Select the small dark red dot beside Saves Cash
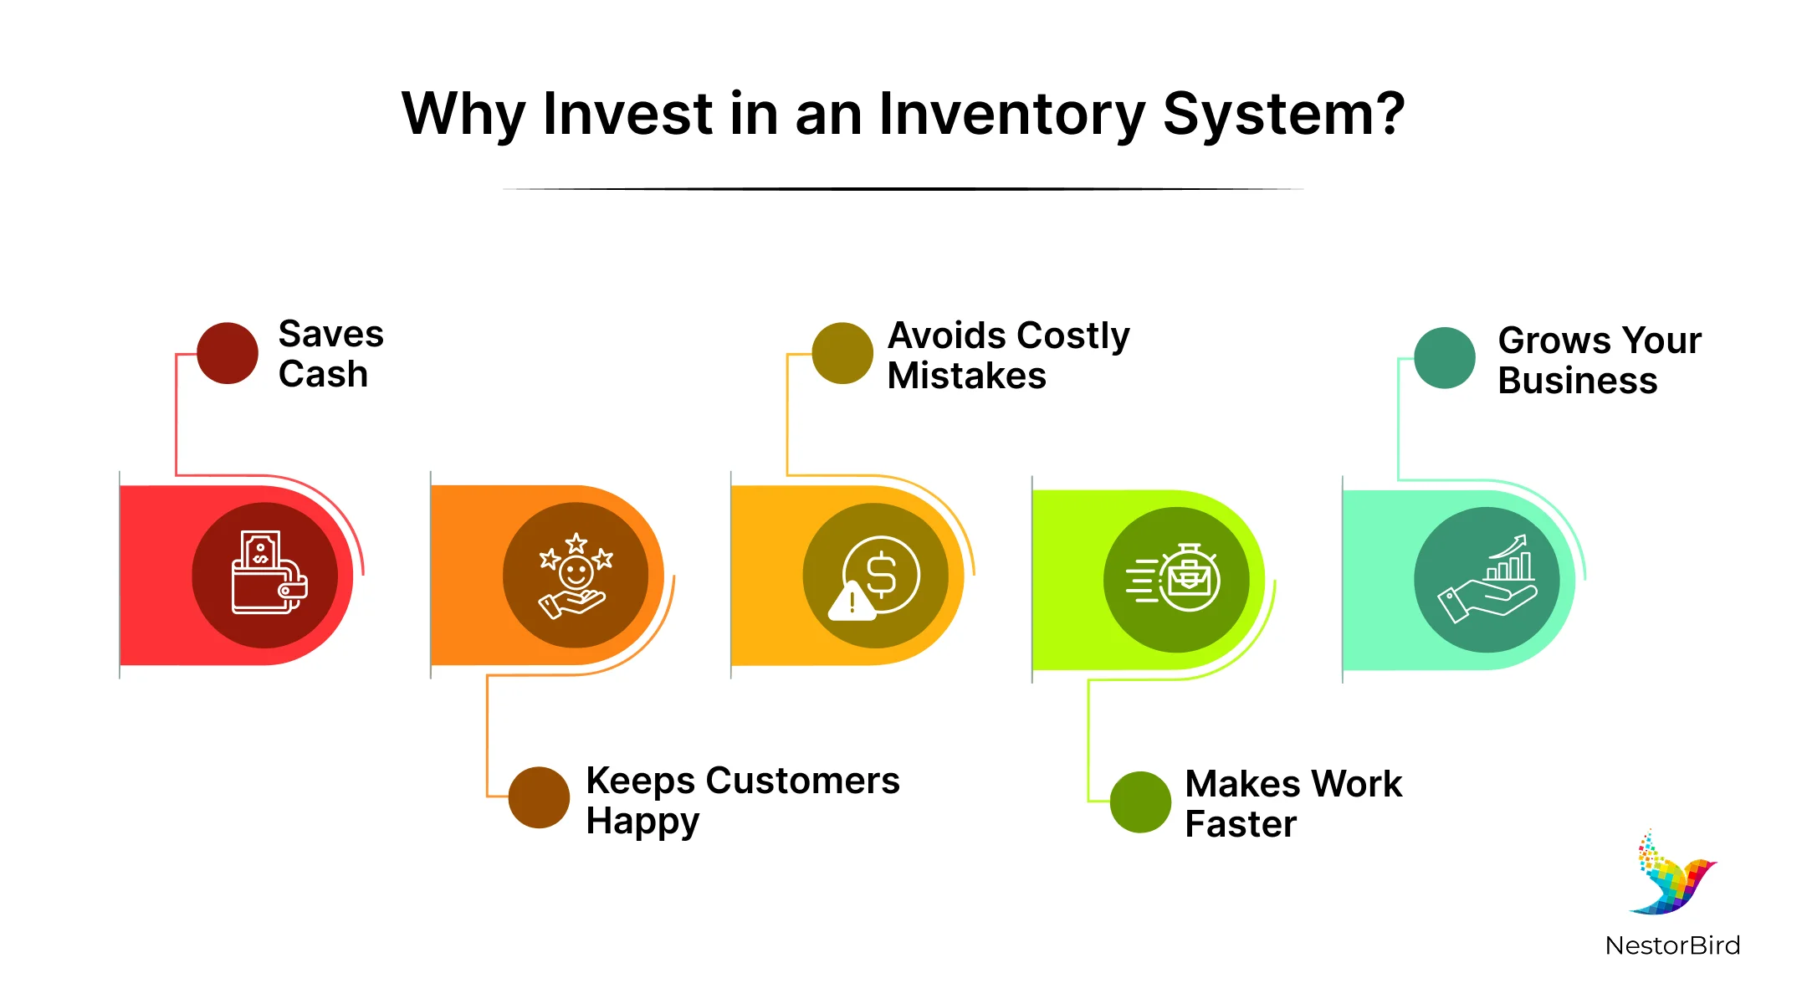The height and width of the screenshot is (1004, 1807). click(228, 353)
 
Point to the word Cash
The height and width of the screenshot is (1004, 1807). click(323, 374)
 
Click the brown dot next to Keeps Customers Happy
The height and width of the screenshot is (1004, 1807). click(539, 797)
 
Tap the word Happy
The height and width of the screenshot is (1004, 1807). click(642, 822)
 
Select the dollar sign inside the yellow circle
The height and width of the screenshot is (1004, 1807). click(882, 575)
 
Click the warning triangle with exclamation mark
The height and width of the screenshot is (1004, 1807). click(852, 602)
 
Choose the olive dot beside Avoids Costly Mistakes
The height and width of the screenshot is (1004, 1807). click(842, 353)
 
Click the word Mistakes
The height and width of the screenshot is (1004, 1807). click(966, 376)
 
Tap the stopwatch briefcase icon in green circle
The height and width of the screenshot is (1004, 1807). click(1175, 578)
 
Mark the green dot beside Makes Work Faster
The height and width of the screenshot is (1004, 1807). click(1140, 802)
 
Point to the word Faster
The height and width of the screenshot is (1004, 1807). click(1241, 824)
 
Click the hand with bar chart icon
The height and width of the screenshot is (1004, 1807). click(1487, 580)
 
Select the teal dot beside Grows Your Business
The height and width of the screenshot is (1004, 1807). click(1445, 358)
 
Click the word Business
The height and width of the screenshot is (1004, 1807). click(1577, 381)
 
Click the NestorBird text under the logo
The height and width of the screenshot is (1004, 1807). click(1672, 945)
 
